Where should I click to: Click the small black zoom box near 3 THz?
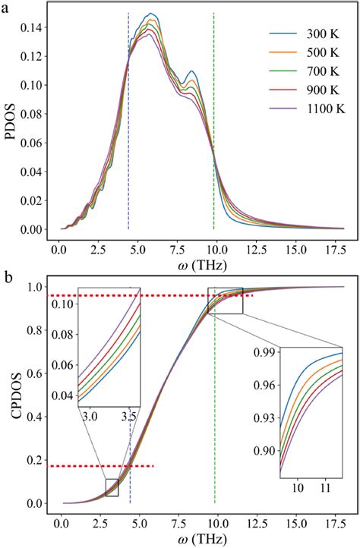(112, 487)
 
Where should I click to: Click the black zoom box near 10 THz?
(225, 301)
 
